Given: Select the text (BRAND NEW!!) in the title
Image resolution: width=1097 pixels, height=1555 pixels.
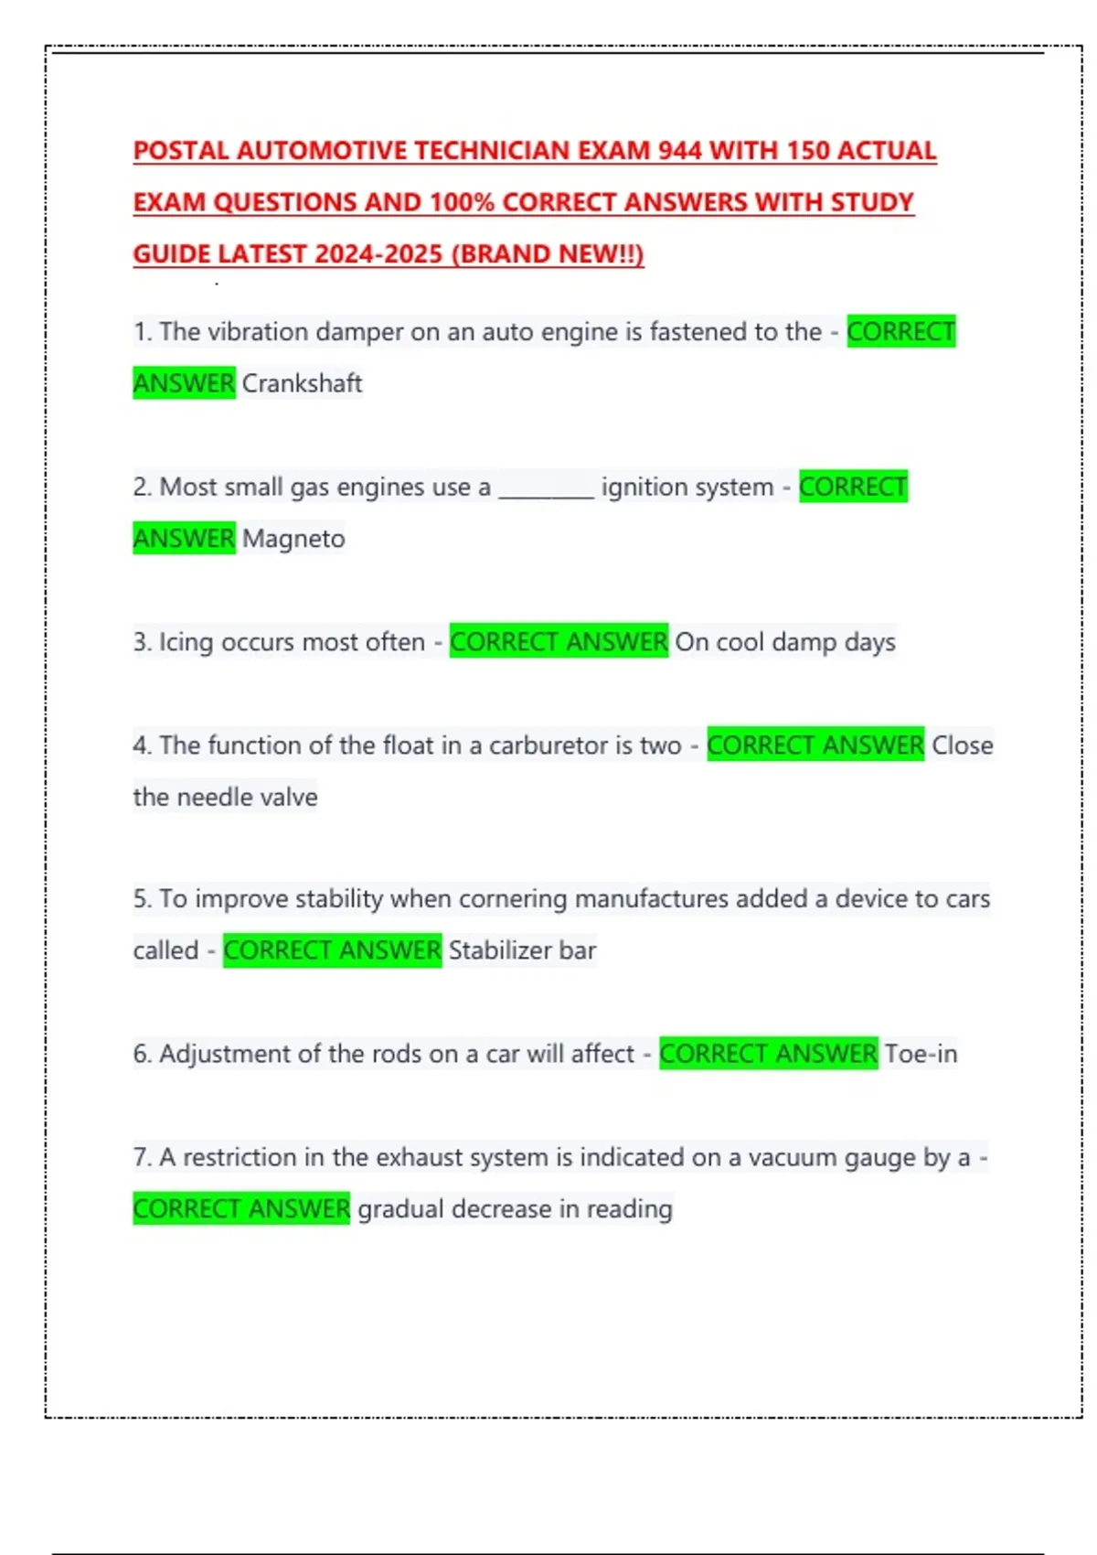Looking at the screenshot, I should click(x=548, y=254).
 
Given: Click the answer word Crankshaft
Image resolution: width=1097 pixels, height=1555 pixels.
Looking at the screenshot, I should click(x=302, y=383).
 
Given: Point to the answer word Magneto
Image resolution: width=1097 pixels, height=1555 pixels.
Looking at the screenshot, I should click(x=293, y=539).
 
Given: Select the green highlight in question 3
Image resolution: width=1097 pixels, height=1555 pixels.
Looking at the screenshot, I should click(x=559, y=642).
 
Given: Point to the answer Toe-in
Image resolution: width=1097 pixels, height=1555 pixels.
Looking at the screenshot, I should click(x=921, y=1054).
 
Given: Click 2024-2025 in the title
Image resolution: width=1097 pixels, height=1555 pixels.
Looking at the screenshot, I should click(x=378, y=254).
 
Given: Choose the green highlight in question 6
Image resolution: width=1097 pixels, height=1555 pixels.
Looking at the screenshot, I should click(x=768, y=1054).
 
